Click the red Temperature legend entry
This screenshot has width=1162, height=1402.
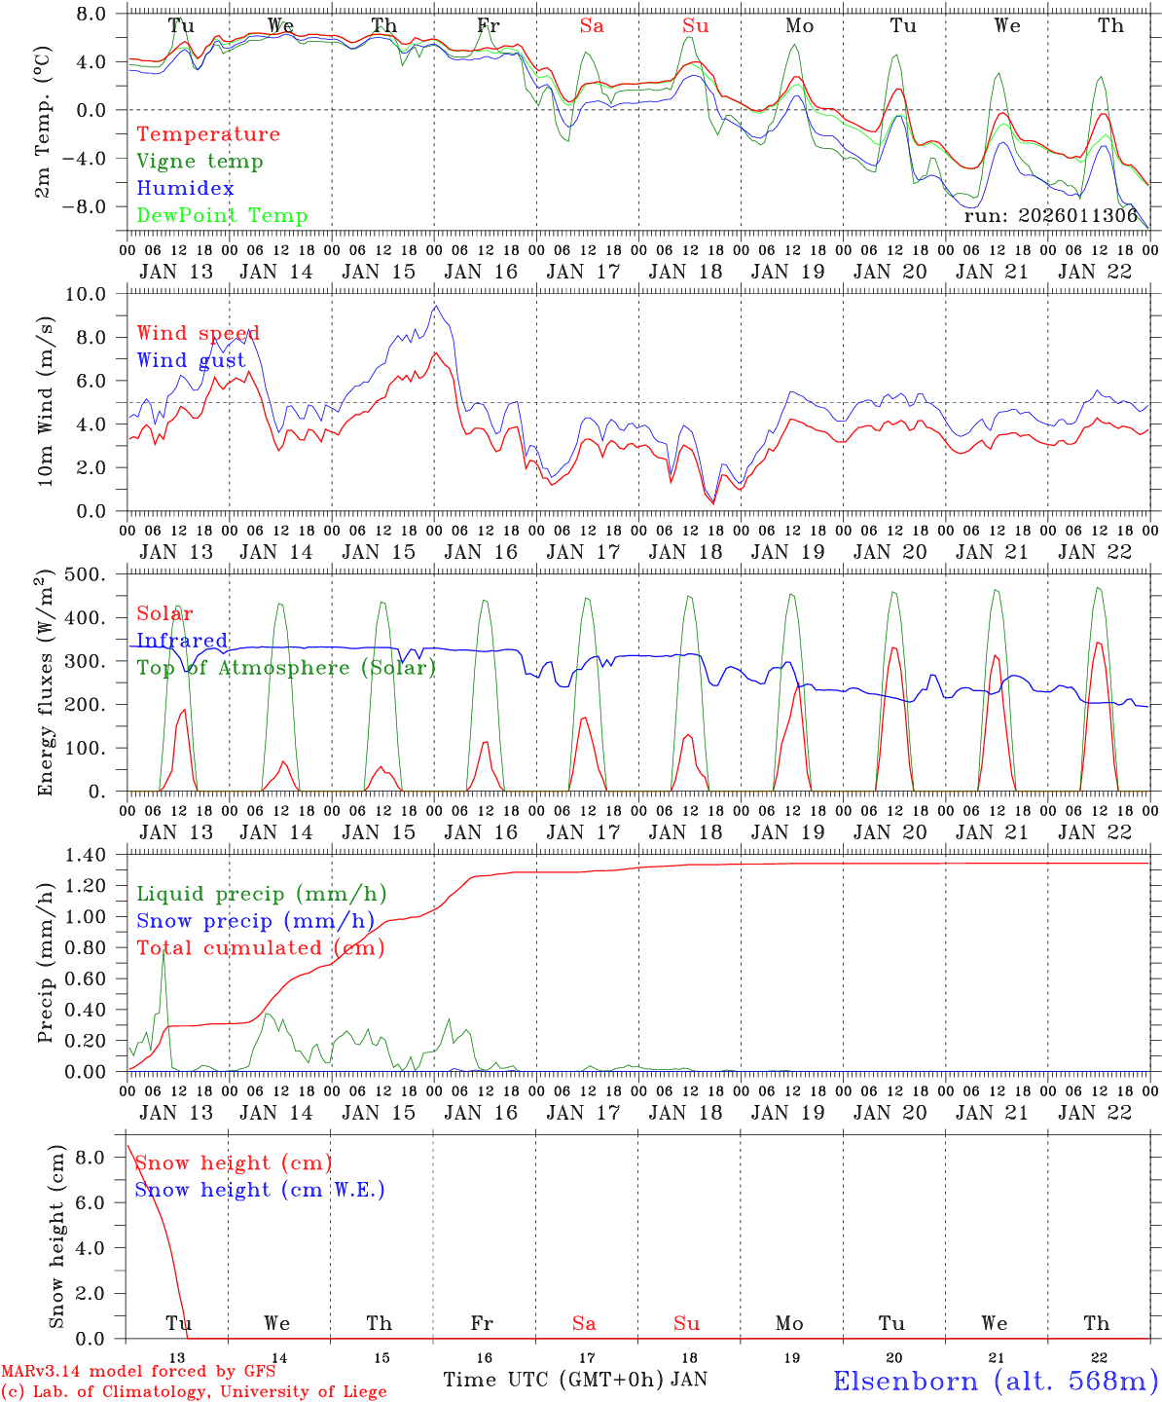click(x=207, y=134)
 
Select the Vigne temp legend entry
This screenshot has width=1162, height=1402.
click(x=200, y=162)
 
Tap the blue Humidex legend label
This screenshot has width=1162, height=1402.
click(x=185, y=189)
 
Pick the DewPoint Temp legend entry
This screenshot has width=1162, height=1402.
click(x=222, y=215)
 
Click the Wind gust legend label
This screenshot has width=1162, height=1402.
click(x=191, y=360)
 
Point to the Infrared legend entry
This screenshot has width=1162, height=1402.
click(x=182, y=641)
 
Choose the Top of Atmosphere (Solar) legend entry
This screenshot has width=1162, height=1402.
click(x=286, y=668)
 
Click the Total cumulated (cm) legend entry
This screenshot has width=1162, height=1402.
click(x=260, y=947)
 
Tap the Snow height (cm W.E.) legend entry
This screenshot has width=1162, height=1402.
click(x=260, y=1190)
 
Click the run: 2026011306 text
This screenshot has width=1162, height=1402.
click(x=1050, y=216)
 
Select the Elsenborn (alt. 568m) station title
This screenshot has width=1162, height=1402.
click(x=995, y=1381)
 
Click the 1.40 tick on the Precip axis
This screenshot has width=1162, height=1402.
click(x=86, y=855)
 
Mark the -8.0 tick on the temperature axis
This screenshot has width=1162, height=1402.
click(x=89, y=206)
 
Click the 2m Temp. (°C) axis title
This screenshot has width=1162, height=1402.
click(x=44, y=123)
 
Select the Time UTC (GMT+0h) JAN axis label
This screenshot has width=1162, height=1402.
click(x=575, y=1380)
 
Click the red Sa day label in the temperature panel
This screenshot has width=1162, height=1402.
click(x=592, y=25)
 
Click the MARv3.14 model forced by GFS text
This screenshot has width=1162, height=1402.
click(x=138, y=1372)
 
